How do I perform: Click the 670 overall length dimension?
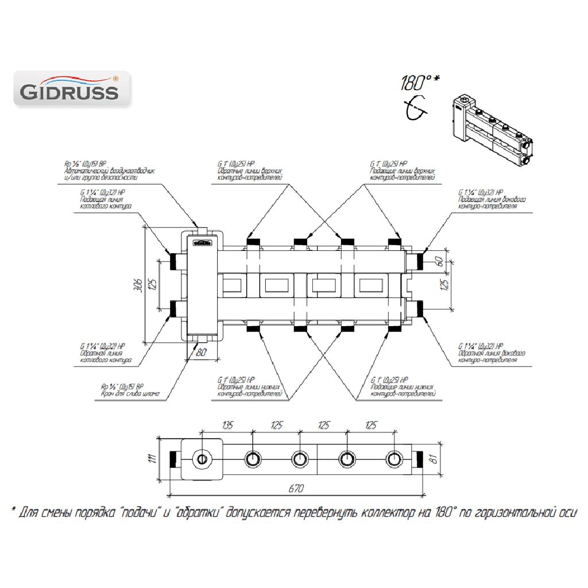(x=296, y=489)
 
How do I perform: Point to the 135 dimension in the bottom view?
(x=228, y=425)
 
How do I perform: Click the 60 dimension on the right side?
(x=440, y=261)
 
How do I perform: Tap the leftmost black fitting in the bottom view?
(x=173, y=459)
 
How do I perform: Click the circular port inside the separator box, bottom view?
(x=202, y=459)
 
